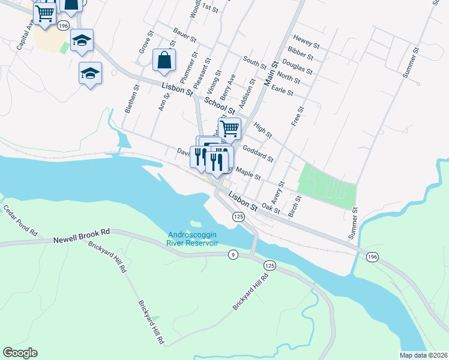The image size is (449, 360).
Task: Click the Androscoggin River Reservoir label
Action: tap(192, 239)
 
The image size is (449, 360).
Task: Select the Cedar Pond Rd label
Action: tap(20, 219)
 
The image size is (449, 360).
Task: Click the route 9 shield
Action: tap(233, 256)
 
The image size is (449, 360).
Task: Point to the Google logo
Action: tap(20, 352)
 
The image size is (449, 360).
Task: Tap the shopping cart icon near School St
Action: tap(229, 128)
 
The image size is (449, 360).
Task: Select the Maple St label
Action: tap(249, 174)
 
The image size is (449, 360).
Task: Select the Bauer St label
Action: tap(185, 35)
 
